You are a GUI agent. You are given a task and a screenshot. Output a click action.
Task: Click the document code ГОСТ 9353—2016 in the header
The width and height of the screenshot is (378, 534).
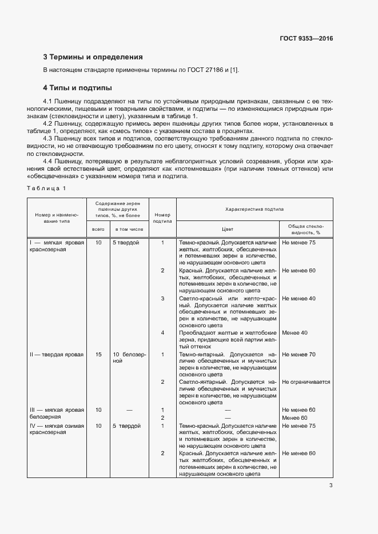(306, 39)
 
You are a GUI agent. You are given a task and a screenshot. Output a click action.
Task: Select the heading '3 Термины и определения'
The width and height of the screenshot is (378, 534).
(93, 57)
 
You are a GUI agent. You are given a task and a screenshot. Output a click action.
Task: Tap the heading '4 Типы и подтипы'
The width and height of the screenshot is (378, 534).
(77, 88)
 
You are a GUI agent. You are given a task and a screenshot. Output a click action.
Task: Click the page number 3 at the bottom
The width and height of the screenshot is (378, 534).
(331, 486)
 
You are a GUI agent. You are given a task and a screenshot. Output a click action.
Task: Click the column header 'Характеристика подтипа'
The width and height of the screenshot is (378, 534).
(254, 210)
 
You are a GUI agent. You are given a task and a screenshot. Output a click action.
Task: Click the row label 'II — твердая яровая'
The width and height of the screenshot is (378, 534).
(56, 355)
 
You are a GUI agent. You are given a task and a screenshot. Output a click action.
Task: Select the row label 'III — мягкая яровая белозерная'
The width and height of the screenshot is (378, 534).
(56, 413)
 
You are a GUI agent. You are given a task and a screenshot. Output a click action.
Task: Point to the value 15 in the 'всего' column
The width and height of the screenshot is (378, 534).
(98, 355)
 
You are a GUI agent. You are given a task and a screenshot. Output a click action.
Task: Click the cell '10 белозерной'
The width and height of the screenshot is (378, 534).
(129, 358)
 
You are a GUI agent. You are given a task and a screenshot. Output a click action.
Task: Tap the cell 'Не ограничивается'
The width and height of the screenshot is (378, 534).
(306, 382)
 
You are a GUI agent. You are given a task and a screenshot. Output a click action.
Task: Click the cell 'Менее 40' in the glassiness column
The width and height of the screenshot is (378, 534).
(295, 333)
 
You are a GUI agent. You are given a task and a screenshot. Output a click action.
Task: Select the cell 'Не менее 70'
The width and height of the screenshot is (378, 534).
(299, 355)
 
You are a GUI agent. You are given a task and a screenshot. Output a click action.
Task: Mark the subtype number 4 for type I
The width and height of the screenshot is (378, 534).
(162, 333)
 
